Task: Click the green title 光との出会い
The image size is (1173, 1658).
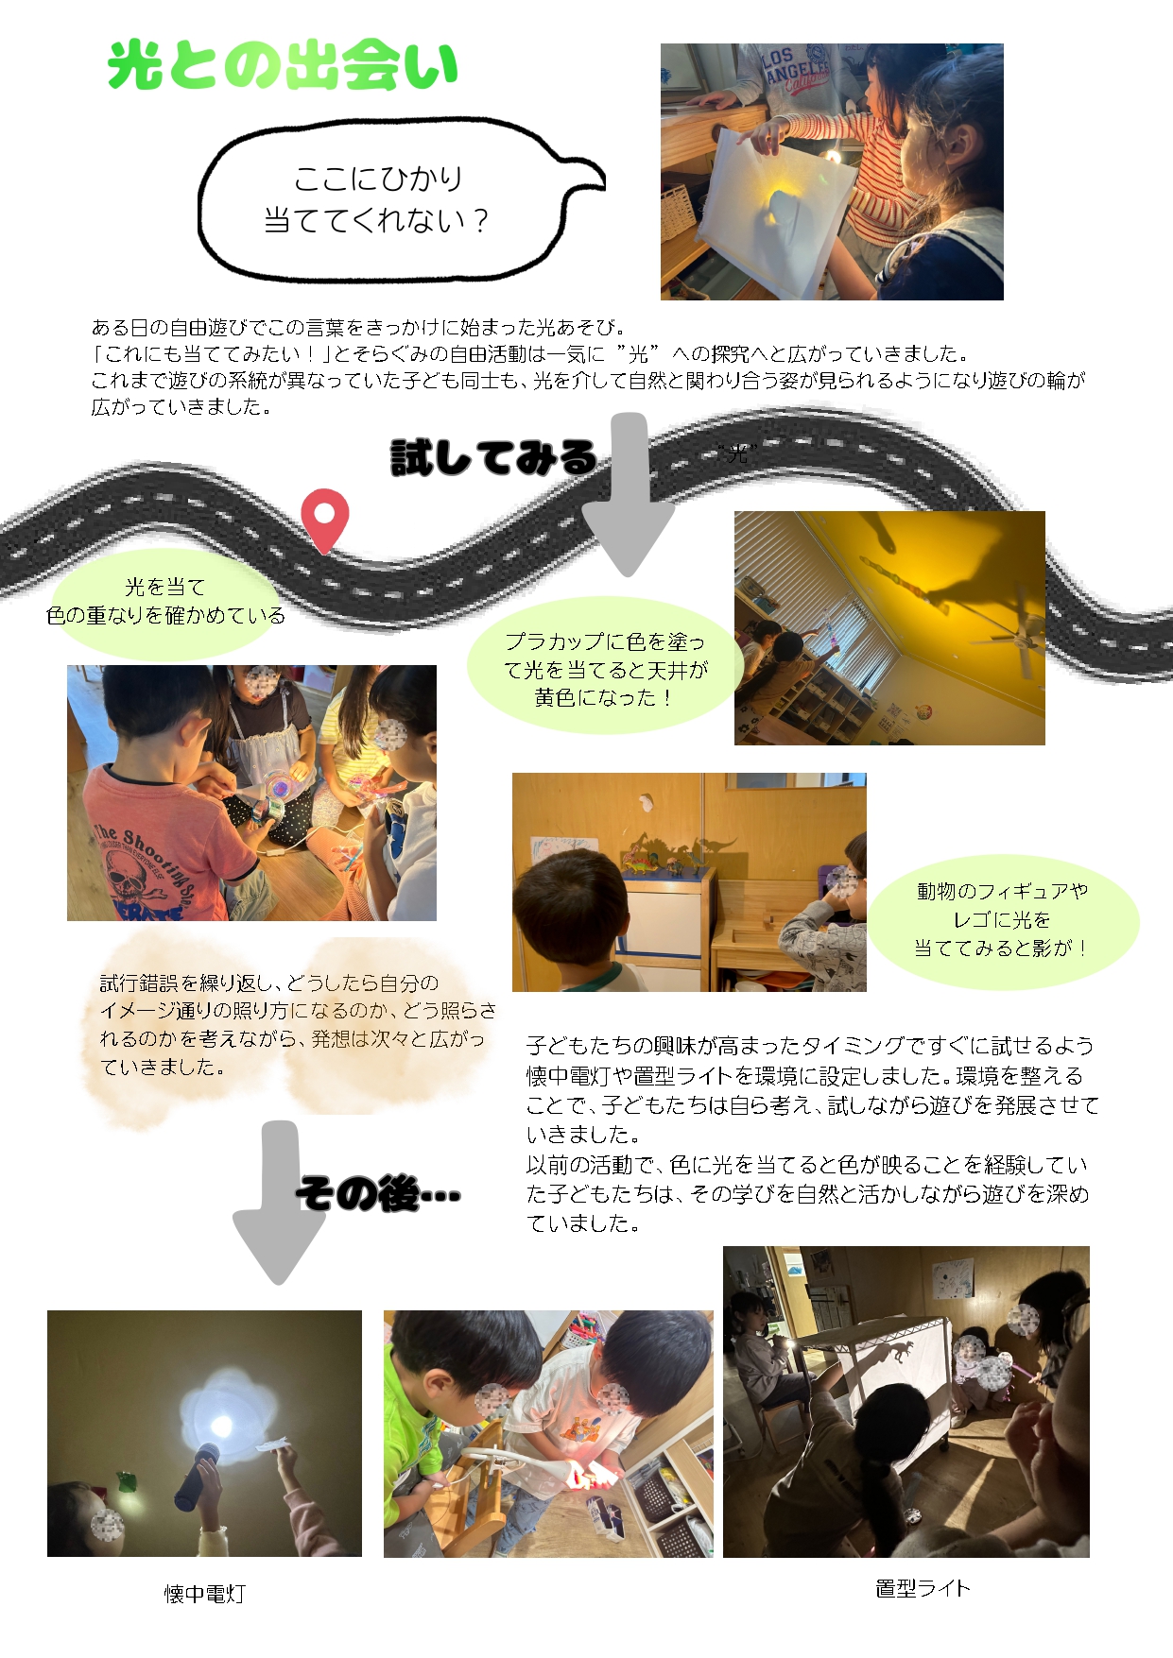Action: click(x=283, y=66)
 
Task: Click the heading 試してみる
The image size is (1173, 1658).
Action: click(x=493, y=458)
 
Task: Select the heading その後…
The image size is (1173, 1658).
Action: click(x=378, y=1194)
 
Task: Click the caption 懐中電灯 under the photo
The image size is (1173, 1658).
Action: click(x=204, y=1594)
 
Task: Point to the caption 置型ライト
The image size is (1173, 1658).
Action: click(x=923, y=1588)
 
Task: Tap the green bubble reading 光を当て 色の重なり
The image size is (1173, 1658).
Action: click(x=165, y=602)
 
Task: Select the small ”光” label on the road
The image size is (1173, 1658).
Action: click(x=737, y=455)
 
